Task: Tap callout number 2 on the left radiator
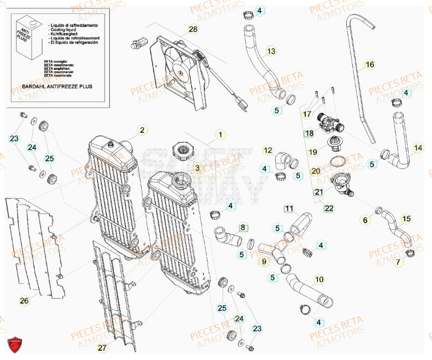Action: tap(142, 130)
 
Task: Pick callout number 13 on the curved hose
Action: tap(270, 52)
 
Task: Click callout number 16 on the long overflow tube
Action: tap(370, 65)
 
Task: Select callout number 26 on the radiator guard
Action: tap(24, 301)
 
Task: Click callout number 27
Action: tap(101, 348)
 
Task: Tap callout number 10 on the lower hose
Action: tap(319, 279)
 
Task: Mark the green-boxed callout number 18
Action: tap(309, 133)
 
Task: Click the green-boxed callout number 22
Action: tap(329, 208)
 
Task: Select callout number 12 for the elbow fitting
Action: tap(268, 150)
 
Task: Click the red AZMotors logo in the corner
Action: tap(16, 346)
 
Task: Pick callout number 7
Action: tap(397, 263)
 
